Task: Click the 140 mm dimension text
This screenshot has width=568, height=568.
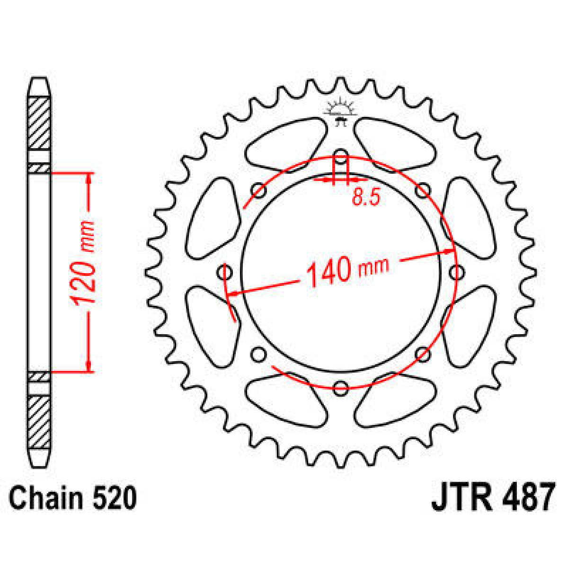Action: [x=348, y=271]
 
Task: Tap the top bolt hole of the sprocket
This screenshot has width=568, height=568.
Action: [x=340, y=159]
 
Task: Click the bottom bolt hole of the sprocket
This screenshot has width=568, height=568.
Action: [x=340, y=388]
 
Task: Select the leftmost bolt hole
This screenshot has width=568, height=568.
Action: [x=225, y=273]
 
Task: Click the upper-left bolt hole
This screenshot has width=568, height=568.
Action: [x=258, y=191]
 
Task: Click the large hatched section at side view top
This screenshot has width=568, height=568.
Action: [x=39, y=123]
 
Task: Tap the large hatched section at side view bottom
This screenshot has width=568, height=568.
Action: [x=39, y=423]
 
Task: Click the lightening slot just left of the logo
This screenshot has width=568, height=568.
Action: [x=287, y=142]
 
